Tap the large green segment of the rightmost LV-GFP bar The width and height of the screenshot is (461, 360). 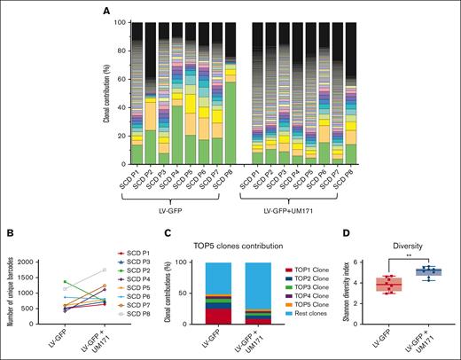(x=230, y=113)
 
